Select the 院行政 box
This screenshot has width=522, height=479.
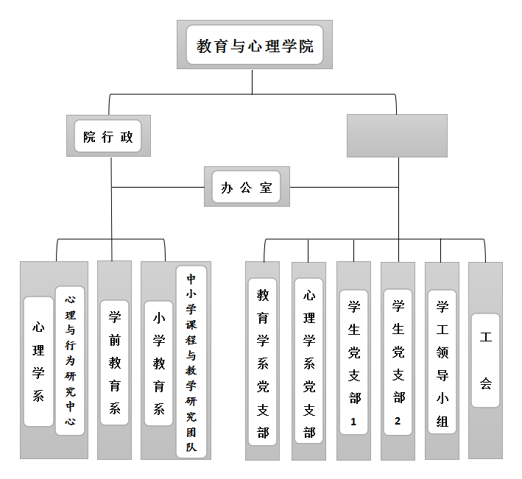pyautogui.click(x=108, y=136)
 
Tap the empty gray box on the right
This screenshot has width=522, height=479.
pyautogui.click(x=397, y=135)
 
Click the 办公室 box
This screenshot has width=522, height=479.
pyautogui.click(x=247, y=187)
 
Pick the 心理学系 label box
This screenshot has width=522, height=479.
pyautogui.click(x=38, y=361)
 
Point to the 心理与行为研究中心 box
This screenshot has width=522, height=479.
pyautogui.click(x=70, y=361)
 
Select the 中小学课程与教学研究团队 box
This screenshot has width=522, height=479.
pyautogui.click(x=191, y=361)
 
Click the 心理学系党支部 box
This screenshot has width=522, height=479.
pyautogui.click(x=309, y=361)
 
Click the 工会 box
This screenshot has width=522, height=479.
pyautogui.click(x=486, y=361)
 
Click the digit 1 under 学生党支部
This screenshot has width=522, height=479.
pyautogui.click(x=354, y=422)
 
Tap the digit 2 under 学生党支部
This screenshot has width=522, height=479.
pyautogui.click(x=398, y=421)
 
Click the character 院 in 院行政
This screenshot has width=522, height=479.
pyautogui.click(x=89, y=137)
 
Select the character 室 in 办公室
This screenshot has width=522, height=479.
pyautogui.click(x=266, y=188)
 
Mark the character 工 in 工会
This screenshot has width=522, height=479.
pyautogui.click(x=486, y=338)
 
